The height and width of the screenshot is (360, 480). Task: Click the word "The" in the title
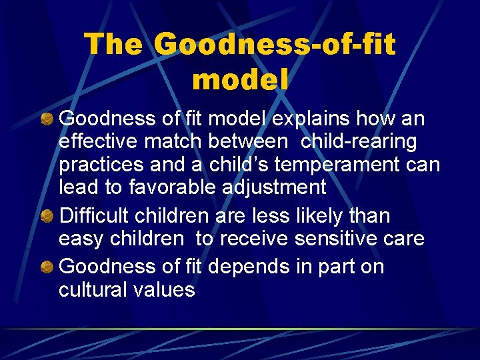point(113,45)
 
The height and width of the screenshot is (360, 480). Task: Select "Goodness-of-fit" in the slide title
point(275,45)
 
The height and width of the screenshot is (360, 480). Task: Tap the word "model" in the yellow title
point(240,79)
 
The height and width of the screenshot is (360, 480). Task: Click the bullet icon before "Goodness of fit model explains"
point(47,119)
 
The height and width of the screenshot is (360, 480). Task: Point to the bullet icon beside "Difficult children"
point(47,217)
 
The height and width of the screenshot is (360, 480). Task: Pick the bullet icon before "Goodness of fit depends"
point(47,267)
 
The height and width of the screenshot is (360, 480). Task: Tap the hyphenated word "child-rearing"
point(359,142)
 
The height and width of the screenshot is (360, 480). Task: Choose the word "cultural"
point(92,289)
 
